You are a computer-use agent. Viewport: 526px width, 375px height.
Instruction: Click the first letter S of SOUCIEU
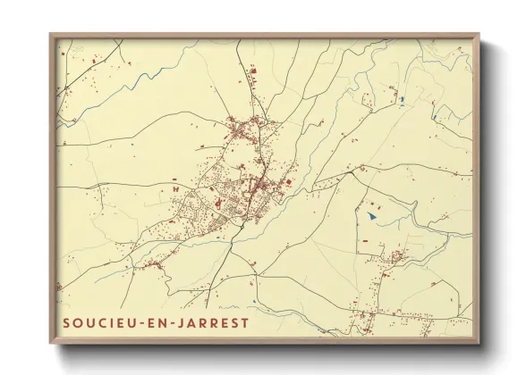tap(66, 321)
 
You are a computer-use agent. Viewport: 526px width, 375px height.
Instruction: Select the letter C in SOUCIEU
tap(100, 321)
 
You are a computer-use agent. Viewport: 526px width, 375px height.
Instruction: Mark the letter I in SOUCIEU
tap(112, 321)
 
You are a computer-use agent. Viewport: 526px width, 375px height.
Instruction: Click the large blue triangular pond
tap(371, 215)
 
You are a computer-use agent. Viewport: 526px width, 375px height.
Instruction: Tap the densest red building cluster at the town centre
tap(254, 188)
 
